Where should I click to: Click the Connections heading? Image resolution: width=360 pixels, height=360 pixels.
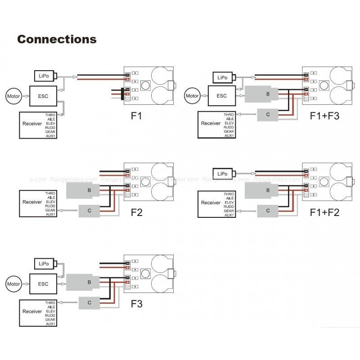(x=57, y=39)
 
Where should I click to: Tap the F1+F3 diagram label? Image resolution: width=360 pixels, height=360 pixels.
(x=324, y=116)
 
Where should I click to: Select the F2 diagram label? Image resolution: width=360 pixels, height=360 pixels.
(x=136, y=212)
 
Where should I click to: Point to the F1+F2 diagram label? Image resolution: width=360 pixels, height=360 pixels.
(x=324, y=211)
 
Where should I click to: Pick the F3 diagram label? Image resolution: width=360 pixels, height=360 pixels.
(x=136, y=304)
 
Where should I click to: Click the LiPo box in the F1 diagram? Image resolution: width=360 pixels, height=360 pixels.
(x=44, y=76)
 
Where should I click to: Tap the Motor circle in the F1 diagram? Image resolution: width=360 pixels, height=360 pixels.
(x=13, y=96)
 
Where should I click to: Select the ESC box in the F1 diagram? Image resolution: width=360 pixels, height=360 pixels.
(x=43, y=95)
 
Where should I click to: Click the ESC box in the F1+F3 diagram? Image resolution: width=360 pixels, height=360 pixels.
(x=222, y=95)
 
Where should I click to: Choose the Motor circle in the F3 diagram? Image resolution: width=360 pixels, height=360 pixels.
(x=13, y=284)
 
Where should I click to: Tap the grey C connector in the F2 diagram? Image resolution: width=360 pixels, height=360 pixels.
(x=90, y=210)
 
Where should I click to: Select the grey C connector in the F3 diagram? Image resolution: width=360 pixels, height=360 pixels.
(x=90, y=303)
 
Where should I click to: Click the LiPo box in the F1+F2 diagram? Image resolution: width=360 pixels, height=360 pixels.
(x=222, y=174)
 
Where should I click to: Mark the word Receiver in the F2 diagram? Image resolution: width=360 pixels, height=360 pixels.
(x=32, y=202)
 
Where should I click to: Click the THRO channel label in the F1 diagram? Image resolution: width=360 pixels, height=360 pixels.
(x=50, y=115)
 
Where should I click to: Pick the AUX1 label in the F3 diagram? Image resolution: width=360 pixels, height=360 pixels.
(x=50, y=323)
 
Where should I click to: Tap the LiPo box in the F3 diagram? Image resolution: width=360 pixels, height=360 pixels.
(x=44, y=264)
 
